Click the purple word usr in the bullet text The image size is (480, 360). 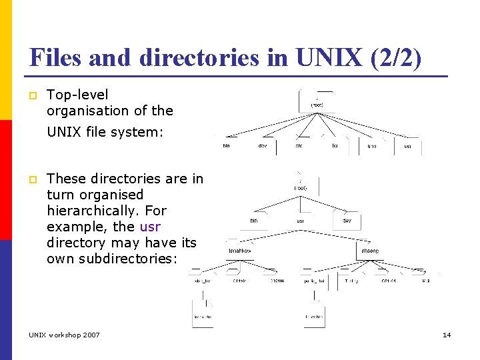[150, 227]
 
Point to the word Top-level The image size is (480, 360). [77, 95]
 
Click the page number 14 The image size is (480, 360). [447, 335]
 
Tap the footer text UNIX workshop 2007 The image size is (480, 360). [64, 335]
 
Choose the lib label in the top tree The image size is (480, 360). [335, 146]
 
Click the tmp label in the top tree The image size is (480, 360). [371, 146]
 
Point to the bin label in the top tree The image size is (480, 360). [226, 146]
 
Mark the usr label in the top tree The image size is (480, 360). [407, 146]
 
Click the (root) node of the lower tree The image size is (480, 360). [301, 188]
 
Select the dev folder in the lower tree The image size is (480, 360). [347, 221]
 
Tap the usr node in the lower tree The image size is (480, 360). [300, 221]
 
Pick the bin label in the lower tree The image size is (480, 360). [253, 221]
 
